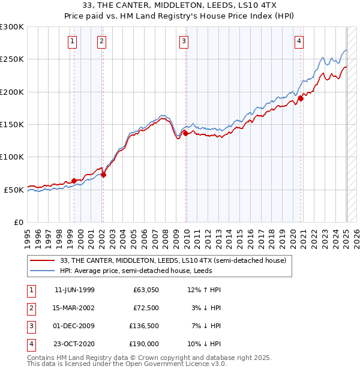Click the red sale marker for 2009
185,134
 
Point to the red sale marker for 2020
301,99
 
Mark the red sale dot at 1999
74,181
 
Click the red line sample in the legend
42,260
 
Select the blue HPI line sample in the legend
42,271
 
